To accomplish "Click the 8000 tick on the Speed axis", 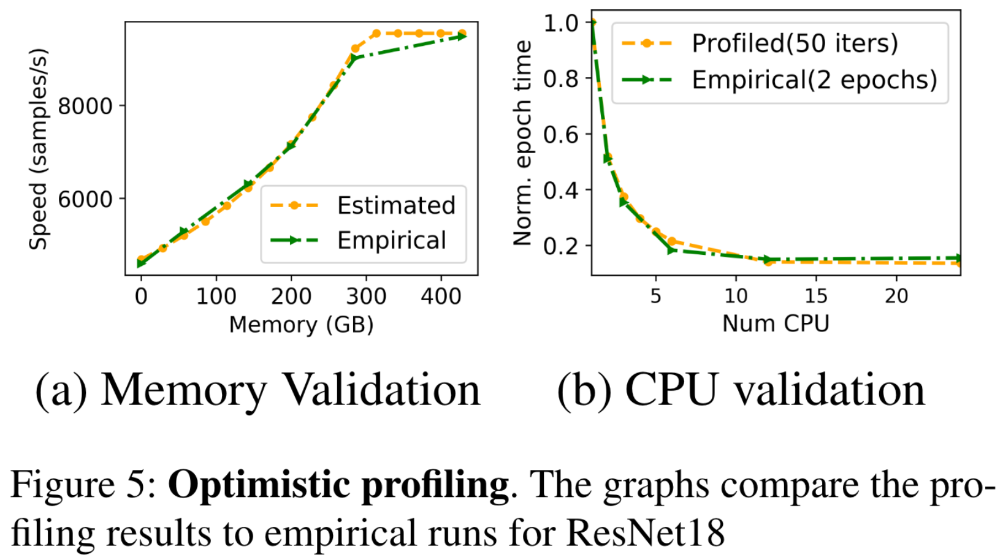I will click(85, 106).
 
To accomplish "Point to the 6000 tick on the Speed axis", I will click(85, 199).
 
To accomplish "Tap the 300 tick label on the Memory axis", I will click(366, 297).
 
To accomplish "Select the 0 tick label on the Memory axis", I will click(141, 297).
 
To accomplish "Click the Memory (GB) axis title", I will click(301, 324).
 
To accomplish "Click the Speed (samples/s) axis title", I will click(38, 149).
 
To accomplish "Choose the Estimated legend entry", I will click(395, 206).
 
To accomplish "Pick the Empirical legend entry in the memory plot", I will click(391, 241).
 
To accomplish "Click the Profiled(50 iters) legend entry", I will click(795, 44).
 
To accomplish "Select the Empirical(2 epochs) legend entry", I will click(814, 80).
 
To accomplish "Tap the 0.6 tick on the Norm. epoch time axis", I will click(560, 134).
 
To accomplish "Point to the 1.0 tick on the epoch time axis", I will click(560, 23).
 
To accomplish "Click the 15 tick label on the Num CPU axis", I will click(815, 297).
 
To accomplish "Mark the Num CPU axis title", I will click(776, 324).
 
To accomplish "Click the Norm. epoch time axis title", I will click(523, 143).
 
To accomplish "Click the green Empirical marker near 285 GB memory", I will click(354, 58).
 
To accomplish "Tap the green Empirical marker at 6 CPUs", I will click(672, 250).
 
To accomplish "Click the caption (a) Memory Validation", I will click(257, 390).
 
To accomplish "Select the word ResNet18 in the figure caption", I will click(645, 532).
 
